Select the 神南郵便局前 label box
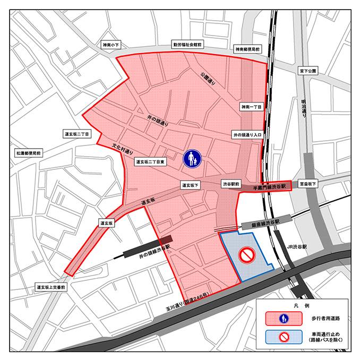point(247,49)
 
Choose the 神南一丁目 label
point(251,107)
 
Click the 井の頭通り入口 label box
point(246,135)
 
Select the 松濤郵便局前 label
point(28,153)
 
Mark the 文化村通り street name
point(123,148)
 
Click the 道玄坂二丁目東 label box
point(151,162)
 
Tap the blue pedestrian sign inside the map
point(192,159)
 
